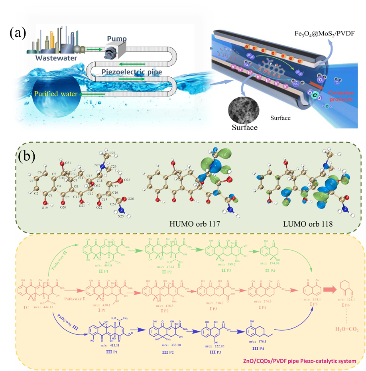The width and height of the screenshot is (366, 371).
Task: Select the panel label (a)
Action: point(19,33)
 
